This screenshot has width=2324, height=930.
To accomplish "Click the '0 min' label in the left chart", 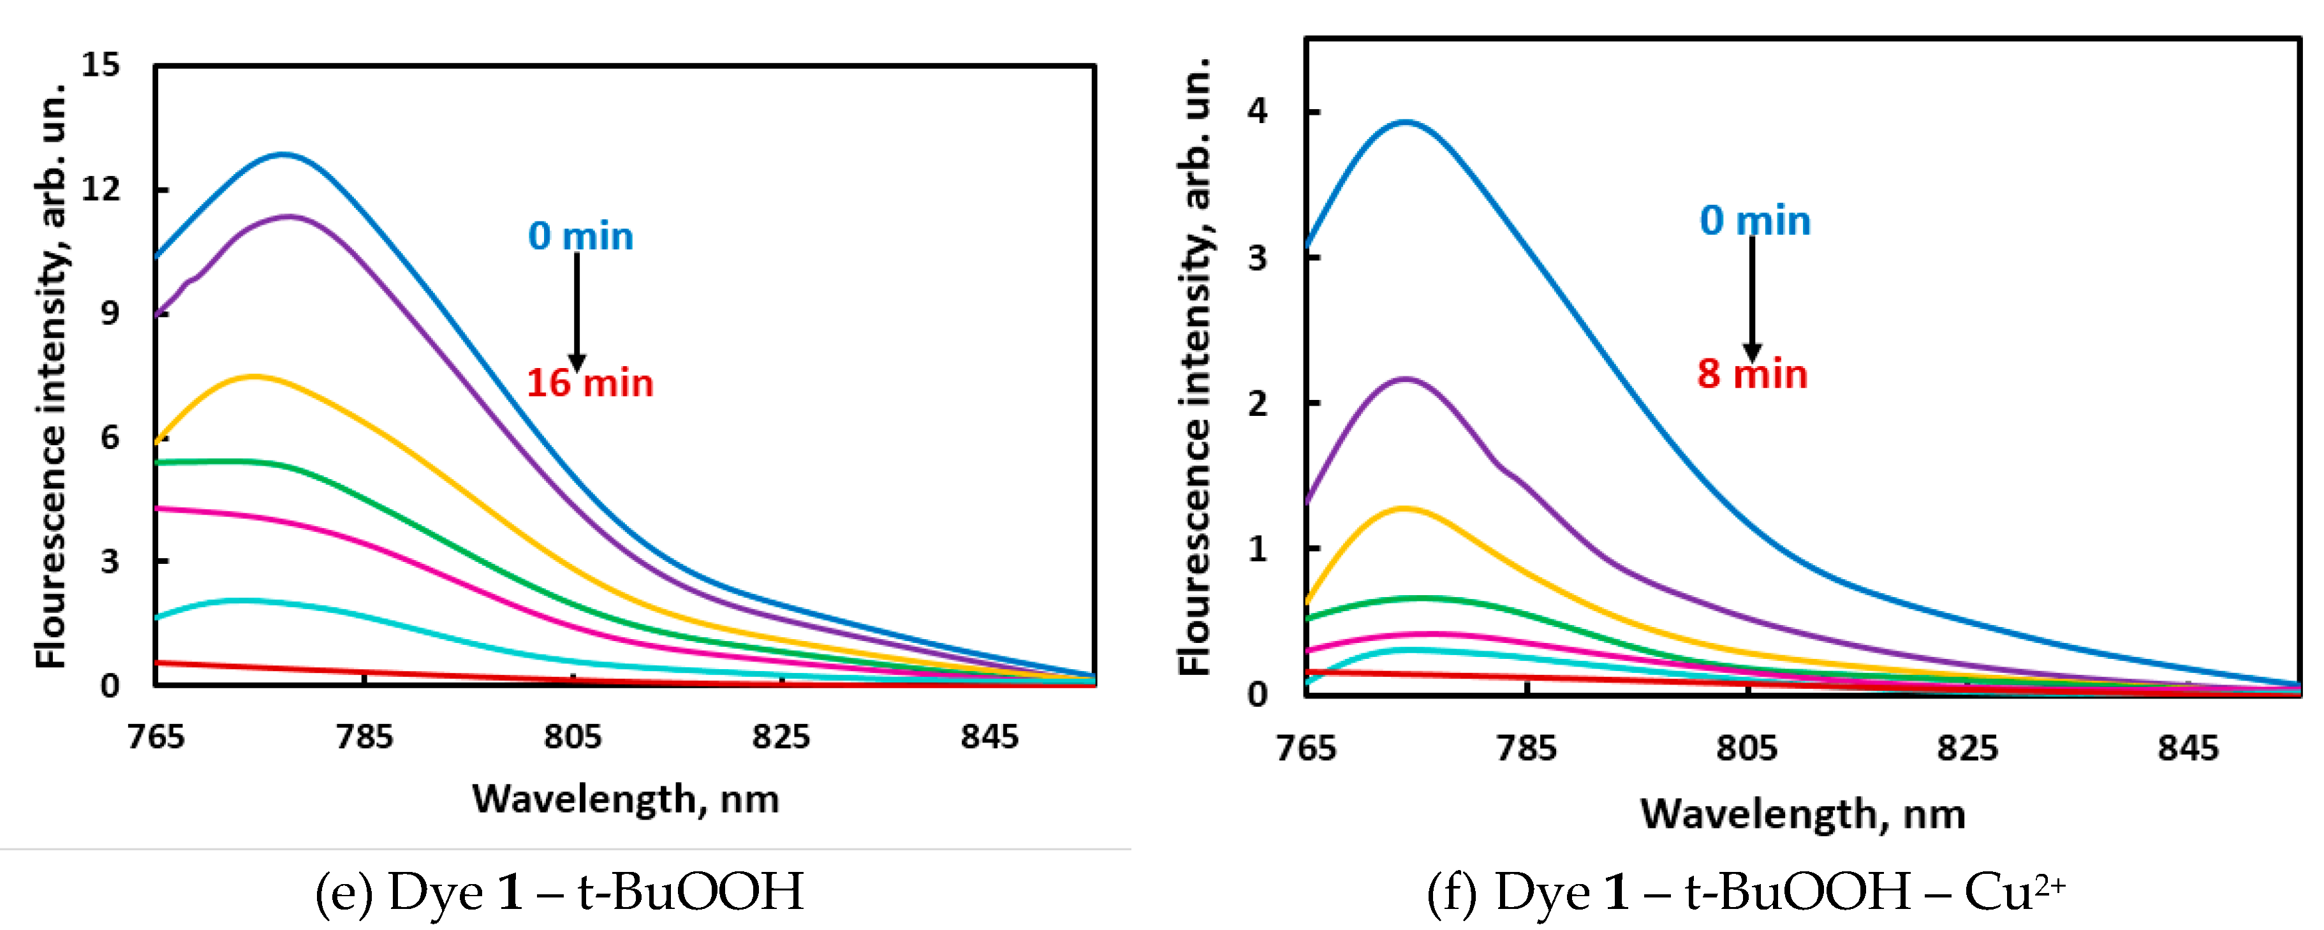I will tap(580, 237).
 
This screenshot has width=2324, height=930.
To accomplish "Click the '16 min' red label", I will tap(589, 383).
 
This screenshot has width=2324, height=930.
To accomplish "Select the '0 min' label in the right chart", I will tap(1754, 221).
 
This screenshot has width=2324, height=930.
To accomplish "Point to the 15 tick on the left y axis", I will tap(100, 65).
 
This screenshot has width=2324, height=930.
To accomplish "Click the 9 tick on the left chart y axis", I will tap(109, 313).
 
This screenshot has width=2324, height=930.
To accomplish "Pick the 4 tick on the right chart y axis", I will tap(1257, 111).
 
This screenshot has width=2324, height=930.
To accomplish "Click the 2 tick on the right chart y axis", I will tap(1257, 403).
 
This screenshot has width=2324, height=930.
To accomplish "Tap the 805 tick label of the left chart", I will tap(572, 737).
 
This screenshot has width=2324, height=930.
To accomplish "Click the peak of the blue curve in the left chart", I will tap(283, 155).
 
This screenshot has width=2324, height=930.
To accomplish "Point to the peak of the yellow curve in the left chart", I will tap(254, 376).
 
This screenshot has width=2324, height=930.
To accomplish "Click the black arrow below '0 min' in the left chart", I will tap(577, 311).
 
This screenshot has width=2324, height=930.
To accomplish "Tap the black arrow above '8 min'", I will tap(1751, 298).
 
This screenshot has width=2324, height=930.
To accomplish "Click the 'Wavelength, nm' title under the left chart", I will tap(625, 799).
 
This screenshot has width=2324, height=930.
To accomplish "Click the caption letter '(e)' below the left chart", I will tap(343, 892).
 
